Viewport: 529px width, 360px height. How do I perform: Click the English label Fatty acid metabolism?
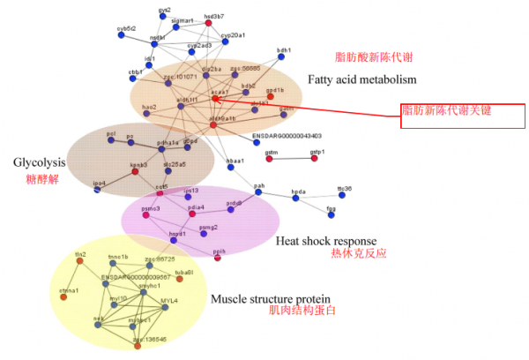click(x=361, y=80)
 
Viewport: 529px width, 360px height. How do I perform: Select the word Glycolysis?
click(x=40, y=162)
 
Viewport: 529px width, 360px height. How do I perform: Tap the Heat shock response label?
click(x=326, y=240)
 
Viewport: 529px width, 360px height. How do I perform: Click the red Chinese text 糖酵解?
click(x=41, y=178)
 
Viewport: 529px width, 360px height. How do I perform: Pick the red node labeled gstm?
click(x=268, y=159)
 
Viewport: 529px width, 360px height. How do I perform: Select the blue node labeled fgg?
click(x=332, y=214)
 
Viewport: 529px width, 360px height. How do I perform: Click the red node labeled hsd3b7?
click(x=209, y=21)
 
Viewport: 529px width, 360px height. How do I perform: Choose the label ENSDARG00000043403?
click(x=287, y=137)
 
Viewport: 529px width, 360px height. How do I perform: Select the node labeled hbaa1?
click(x=234, y=169)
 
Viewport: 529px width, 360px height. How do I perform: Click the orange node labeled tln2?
click(x=81, y=260)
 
